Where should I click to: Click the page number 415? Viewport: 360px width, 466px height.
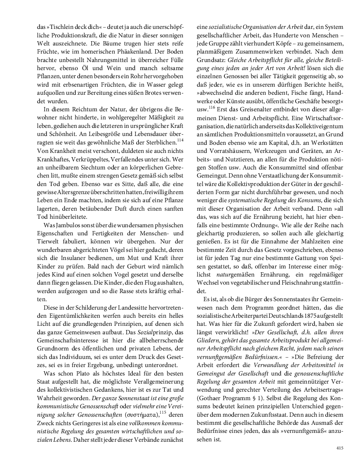coord(339,448)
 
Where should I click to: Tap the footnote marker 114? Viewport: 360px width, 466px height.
coord(179,140)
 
